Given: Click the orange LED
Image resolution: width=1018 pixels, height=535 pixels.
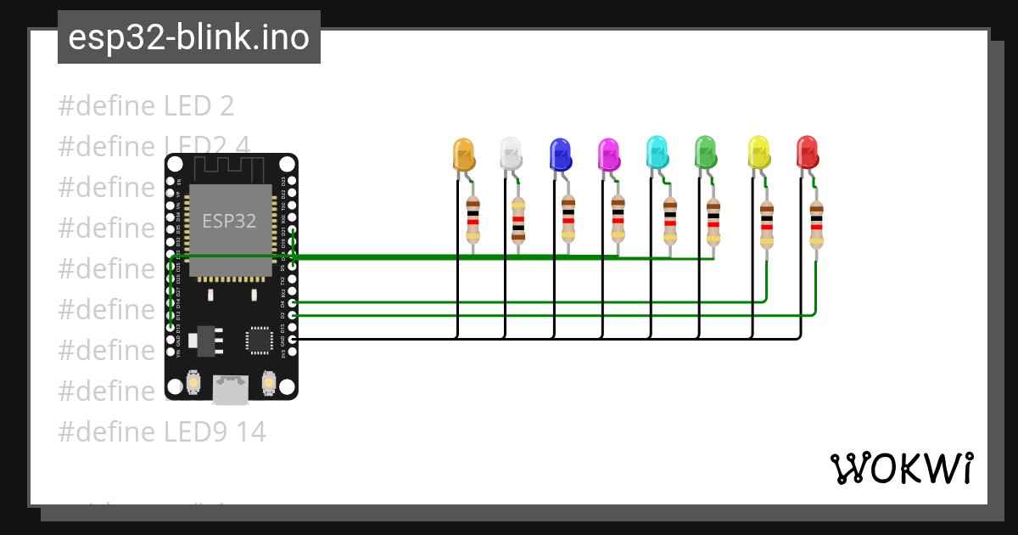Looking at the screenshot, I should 464,154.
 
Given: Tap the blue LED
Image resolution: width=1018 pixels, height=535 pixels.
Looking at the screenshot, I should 560,154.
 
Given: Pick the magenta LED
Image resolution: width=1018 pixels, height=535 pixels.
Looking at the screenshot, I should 608,154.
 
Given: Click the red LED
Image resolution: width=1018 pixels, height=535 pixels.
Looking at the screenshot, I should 808,152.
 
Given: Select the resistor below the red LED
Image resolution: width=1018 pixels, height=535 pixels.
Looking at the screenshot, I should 816,223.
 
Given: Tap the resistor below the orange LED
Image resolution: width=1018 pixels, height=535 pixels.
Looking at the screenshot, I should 473,219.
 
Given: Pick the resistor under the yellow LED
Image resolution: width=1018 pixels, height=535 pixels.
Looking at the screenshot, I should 767,223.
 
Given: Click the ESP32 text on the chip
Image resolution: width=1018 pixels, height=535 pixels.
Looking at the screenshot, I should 229,222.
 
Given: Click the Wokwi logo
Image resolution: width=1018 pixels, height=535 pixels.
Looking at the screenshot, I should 901,468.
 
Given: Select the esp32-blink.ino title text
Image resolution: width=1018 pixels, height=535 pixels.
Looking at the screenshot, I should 189,37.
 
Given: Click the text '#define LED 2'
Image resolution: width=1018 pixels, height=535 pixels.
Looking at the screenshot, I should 146,106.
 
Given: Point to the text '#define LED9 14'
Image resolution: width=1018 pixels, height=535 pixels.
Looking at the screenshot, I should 162,432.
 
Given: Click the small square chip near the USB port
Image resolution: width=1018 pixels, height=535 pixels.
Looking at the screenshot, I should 259,340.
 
